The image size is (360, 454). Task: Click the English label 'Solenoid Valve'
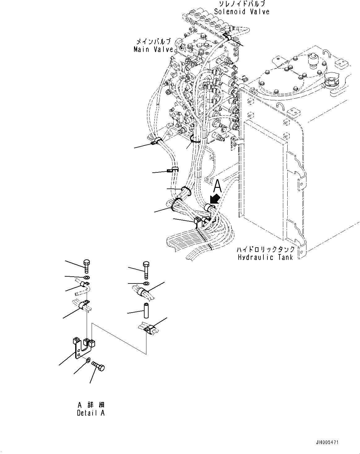242,12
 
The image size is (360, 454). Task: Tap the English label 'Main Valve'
153,49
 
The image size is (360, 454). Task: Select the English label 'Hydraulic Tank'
265,257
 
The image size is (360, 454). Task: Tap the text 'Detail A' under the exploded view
91,413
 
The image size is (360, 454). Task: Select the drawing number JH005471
327,443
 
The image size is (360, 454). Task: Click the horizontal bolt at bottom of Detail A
98,366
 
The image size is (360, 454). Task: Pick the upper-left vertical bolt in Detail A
86,266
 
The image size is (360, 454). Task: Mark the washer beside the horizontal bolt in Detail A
88,360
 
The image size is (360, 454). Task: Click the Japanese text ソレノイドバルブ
242,4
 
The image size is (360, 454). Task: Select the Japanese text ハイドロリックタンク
265,249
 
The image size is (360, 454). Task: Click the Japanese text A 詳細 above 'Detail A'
91,405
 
